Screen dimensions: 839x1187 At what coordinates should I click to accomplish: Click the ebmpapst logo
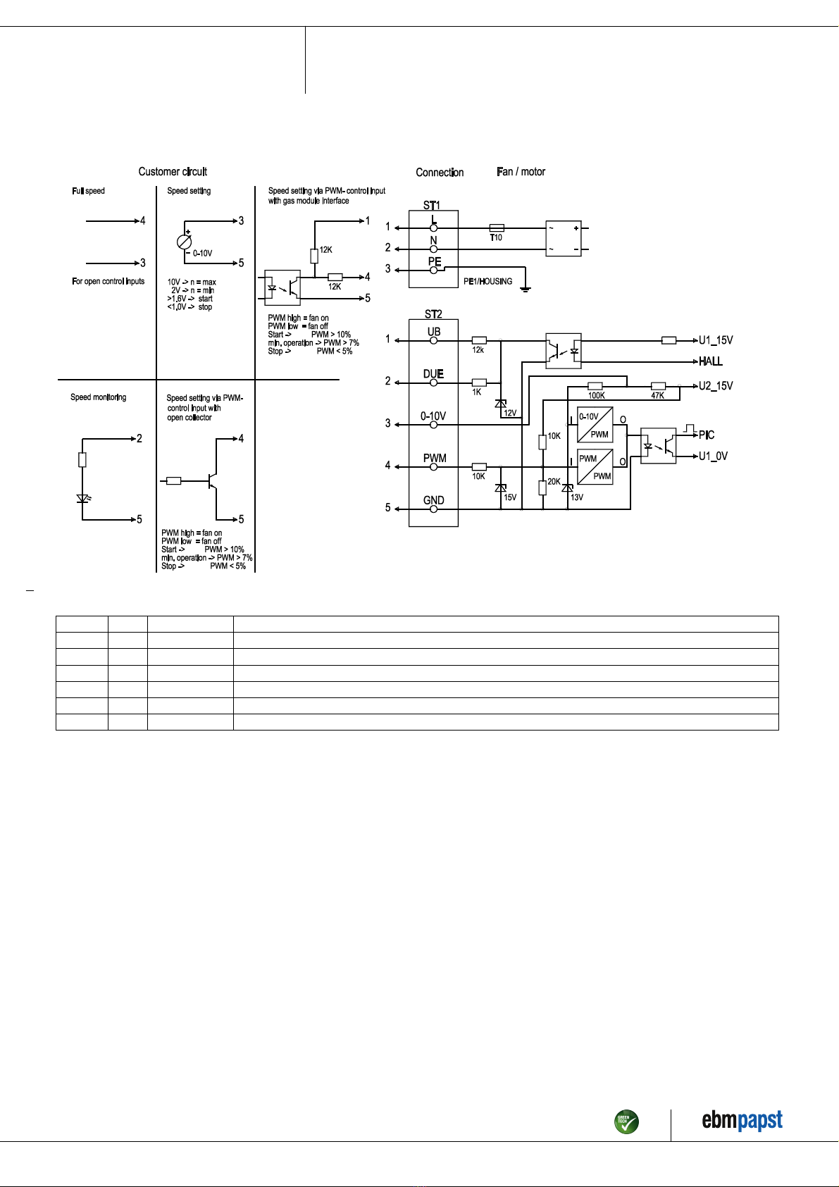click(742, 1120)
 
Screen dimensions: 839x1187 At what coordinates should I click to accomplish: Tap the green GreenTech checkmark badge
click(626, 1121)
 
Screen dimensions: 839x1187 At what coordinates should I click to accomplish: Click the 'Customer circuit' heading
click(173, 172)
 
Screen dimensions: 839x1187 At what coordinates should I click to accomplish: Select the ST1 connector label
click(431, 205)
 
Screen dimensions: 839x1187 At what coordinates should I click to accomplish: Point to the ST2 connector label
click(433, 314)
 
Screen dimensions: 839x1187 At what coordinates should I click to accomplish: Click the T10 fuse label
click(495, 238)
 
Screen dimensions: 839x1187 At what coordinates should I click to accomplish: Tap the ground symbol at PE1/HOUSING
click(526, 290)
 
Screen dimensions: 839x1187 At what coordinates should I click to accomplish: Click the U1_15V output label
click(716, 340)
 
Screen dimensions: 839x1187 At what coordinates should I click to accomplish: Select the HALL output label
click(710, 361)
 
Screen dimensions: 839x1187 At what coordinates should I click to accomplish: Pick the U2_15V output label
click(716, 386)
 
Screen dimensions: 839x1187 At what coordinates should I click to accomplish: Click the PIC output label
click(707, 435)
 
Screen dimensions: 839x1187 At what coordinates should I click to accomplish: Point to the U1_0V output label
click(713, 456)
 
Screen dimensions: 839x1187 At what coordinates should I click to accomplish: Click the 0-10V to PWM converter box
click(595, 425)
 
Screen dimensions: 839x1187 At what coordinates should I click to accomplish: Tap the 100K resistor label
click(596, 395)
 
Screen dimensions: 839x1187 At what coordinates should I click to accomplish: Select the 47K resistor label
click(657, 395)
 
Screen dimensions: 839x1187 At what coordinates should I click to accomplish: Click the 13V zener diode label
click(577, 497)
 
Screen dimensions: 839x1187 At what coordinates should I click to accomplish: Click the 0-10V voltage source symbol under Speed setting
click(184, 242)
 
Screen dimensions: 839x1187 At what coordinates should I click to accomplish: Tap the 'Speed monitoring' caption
click(98, 397)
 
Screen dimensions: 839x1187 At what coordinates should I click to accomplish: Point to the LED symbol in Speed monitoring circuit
click(82, 498)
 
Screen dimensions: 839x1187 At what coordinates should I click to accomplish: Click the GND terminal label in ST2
click(433, 500)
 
